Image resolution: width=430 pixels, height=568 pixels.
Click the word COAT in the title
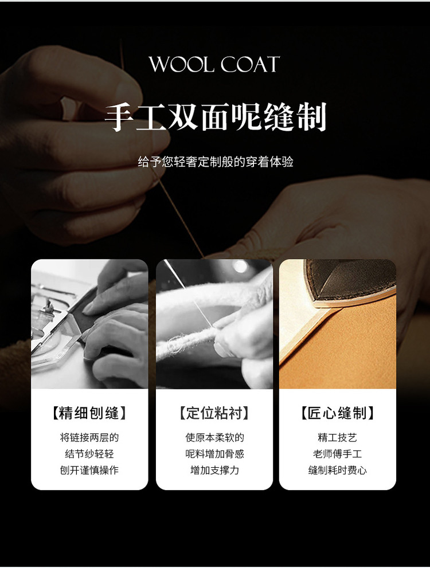(x=250, y=64)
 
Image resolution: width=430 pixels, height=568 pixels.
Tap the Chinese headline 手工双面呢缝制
(x=216, y=117)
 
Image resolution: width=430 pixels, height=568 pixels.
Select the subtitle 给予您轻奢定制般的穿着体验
(x=216, y=162)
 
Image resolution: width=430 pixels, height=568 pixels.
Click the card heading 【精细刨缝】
(x=89, y=413)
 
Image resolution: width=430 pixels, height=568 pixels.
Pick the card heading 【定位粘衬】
(x=214, y=413)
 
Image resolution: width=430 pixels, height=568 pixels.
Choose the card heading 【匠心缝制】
(x=337, y=413)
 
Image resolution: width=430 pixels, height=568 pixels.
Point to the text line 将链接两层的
(x=89, y=437)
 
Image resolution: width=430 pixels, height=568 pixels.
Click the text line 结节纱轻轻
(x=89, y=454)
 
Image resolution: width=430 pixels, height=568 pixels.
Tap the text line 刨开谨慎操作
(x=89, y=470)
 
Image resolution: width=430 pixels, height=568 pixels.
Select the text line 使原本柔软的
(x=214, y=437)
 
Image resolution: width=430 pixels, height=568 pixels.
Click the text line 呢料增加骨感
(x=214, y=454)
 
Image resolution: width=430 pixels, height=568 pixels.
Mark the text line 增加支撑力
(x=214, y=470)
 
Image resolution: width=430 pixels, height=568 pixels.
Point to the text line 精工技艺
(x=337, y=437)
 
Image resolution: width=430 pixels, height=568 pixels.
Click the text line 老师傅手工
(x=337, y=454)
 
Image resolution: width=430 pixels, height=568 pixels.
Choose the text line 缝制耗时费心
(x=337, y=470)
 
